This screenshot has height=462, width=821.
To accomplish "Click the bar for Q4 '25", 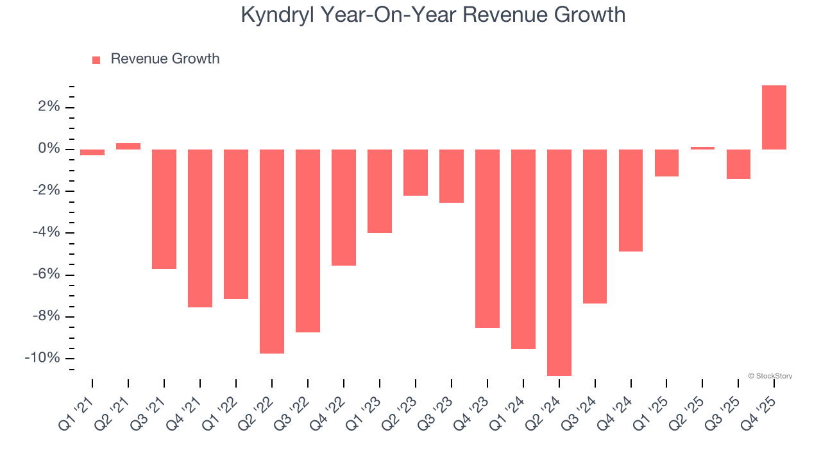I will (774, 117).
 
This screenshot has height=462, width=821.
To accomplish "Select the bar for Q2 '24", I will (559, 262).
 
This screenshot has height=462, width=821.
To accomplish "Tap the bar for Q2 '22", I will (272, 252).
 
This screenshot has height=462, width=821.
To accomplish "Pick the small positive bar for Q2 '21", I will (128, 146).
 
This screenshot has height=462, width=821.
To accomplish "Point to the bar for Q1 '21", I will (92, 153).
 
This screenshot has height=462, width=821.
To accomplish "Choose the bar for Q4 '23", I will (487, 239).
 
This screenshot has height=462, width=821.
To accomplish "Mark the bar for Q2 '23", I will (415, 173).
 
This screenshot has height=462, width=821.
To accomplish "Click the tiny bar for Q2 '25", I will (702, 148).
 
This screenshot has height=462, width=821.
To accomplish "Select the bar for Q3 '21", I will (164, 209).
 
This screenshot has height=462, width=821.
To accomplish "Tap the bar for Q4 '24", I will (631, 200).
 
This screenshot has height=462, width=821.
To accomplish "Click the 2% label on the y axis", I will (48, 107).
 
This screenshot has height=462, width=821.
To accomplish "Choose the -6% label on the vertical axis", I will (45, 275).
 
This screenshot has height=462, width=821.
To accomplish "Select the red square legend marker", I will (96, 60).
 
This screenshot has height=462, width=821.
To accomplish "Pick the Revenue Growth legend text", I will (165, 59).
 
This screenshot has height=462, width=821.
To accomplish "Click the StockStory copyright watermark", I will (770, 376).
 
